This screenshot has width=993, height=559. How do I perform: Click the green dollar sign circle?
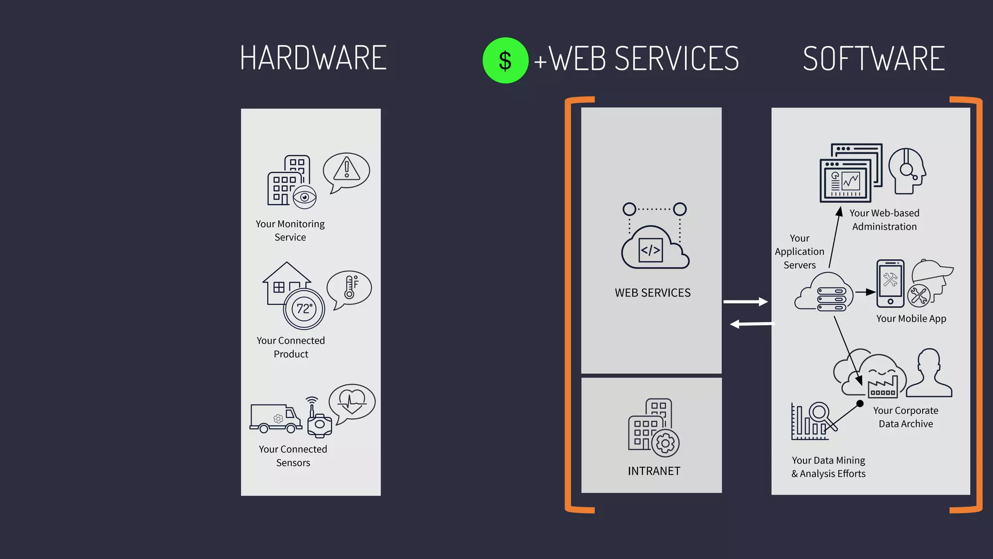[x=505, y=61]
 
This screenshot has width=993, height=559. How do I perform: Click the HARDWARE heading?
[x=313, y=58]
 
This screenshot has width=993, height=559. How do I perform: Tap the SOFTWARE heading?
[x=874, y=59]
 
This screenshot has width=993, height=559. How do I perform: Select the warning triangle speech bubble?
[x=346, y=171]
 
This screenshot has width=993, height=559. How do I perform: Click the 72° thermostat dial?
[x=304, y=309]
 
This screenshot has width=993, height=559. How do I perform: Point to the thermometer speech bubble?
[x=349, y=288]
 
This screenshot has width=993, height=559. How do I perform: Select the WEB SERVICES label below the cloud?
[x=653, y=293]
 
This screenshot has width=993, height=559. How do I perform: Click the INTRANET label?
[x=654, y=471]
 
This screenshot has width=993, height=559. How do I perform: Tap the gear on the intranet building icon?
[x=665, y=443]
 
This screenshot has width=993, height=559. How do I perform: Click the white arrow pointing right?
[x=746, y=302]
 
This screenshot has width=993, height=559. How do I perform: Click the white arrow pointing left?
[x=752, y=324]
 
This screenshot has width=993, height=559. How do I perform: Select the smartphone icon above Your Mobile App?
[x=890, y=283]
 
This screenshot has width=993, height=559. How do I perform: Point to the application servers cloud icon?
[x=824, y=293]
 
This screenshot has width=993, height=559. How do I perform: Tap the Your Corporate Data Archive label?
[x=905, y=417]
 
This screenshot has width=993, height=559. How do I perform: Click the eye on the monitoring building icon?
[x=304, y=197]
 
